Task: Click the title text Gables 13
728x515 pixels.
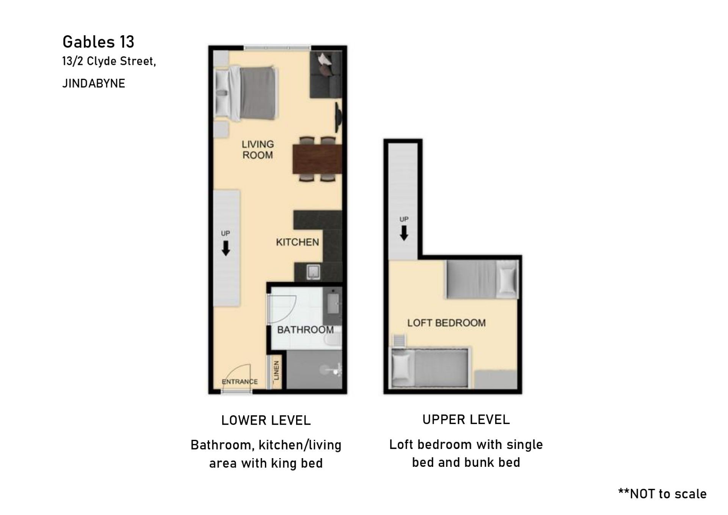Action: [98, 42]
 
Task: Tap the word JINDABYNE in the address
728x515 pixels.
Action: [94, 83]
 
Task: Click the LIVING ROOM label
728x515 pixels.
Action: [258, 149]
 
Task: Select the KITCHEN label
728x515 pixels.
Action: [297, 242]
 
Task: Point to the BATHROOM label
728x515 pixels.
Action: [305, 330]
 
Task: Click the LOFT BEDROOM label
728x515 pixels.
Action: [446, 323]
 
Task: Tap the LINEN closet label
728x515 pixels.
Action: [276, 371]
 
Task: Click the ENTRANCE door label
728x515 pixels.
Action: [240, 382]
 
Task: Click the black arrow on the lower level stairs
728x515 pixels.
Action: [226, 248]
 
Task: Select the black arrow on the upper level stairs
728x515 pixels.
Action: [404, 233]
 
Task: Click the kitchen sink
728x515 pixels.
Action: [314, 272]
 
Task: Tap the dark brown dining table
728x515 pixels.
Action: [317, 160]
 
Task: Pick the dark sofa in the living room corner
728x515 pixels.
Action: [326, 75]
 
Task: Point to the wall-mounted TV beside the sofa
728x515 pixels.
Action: [338, 117]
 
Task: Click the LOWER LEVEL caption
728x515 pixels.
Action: [266, 420]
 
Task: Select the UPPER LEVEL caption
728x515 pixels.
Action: [466, 419]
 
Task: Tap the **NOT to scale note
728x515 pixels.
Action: [662, 494]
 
